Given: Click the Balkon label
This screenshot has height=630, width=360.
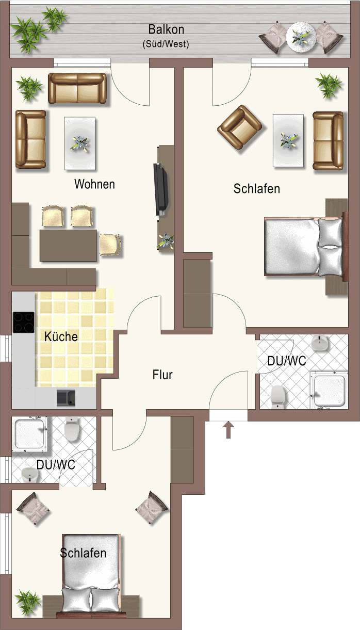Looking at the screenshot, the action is click(x=166, y=29).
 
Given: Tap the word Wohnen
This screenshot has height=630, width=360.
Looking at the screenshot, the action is click(x=94, y=184).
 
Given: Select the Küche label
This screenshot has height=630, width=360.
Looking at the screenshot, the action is click(x=61, y=336).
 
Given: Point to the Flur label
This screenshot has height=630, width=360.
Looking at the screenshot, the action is click(x=162, y=375).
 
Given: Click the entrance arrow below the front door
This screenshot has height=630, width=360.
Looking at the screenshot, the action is click(x=228, y=429).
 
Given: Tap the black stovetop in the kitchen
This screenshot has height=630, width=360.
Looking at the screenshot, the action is click(x=23, y=322).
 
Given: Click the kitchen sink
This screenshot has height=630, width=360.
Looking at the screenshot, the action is click(x=66, y=398).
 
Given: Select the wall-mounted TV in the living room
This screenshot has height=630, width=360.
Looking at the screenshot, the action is click(x=161, y=189).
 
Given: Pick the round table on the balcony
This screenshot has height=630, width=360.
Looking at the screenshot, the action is click(x=301, y=37).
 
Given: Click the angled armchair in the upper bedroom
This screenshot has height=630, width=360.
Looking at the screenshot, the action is click(x=240, y=127).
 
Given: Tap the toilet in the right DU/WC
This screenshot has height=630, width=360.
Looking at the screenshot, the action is click(x=279, y=397).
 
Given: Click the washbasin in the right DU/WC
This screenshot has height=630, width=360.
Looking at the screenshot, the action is click(x=320, y=343).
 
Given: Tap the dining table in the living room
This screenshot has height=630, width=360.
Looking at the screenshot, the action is click(x=68, y=245).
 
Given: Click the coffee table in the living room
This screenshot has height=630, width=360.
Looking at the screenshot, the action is click(x=80, y=143).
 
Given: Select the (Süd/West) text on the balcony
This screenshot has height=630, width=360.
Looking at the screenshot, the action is click(x=166, y=44).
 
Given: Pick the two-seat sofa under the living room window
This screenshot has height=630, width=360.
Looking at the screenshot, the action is click(x=77, y=88).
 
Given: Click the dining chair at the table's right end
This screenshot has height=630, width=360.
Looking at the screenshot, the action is click(x=110, y=245).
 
